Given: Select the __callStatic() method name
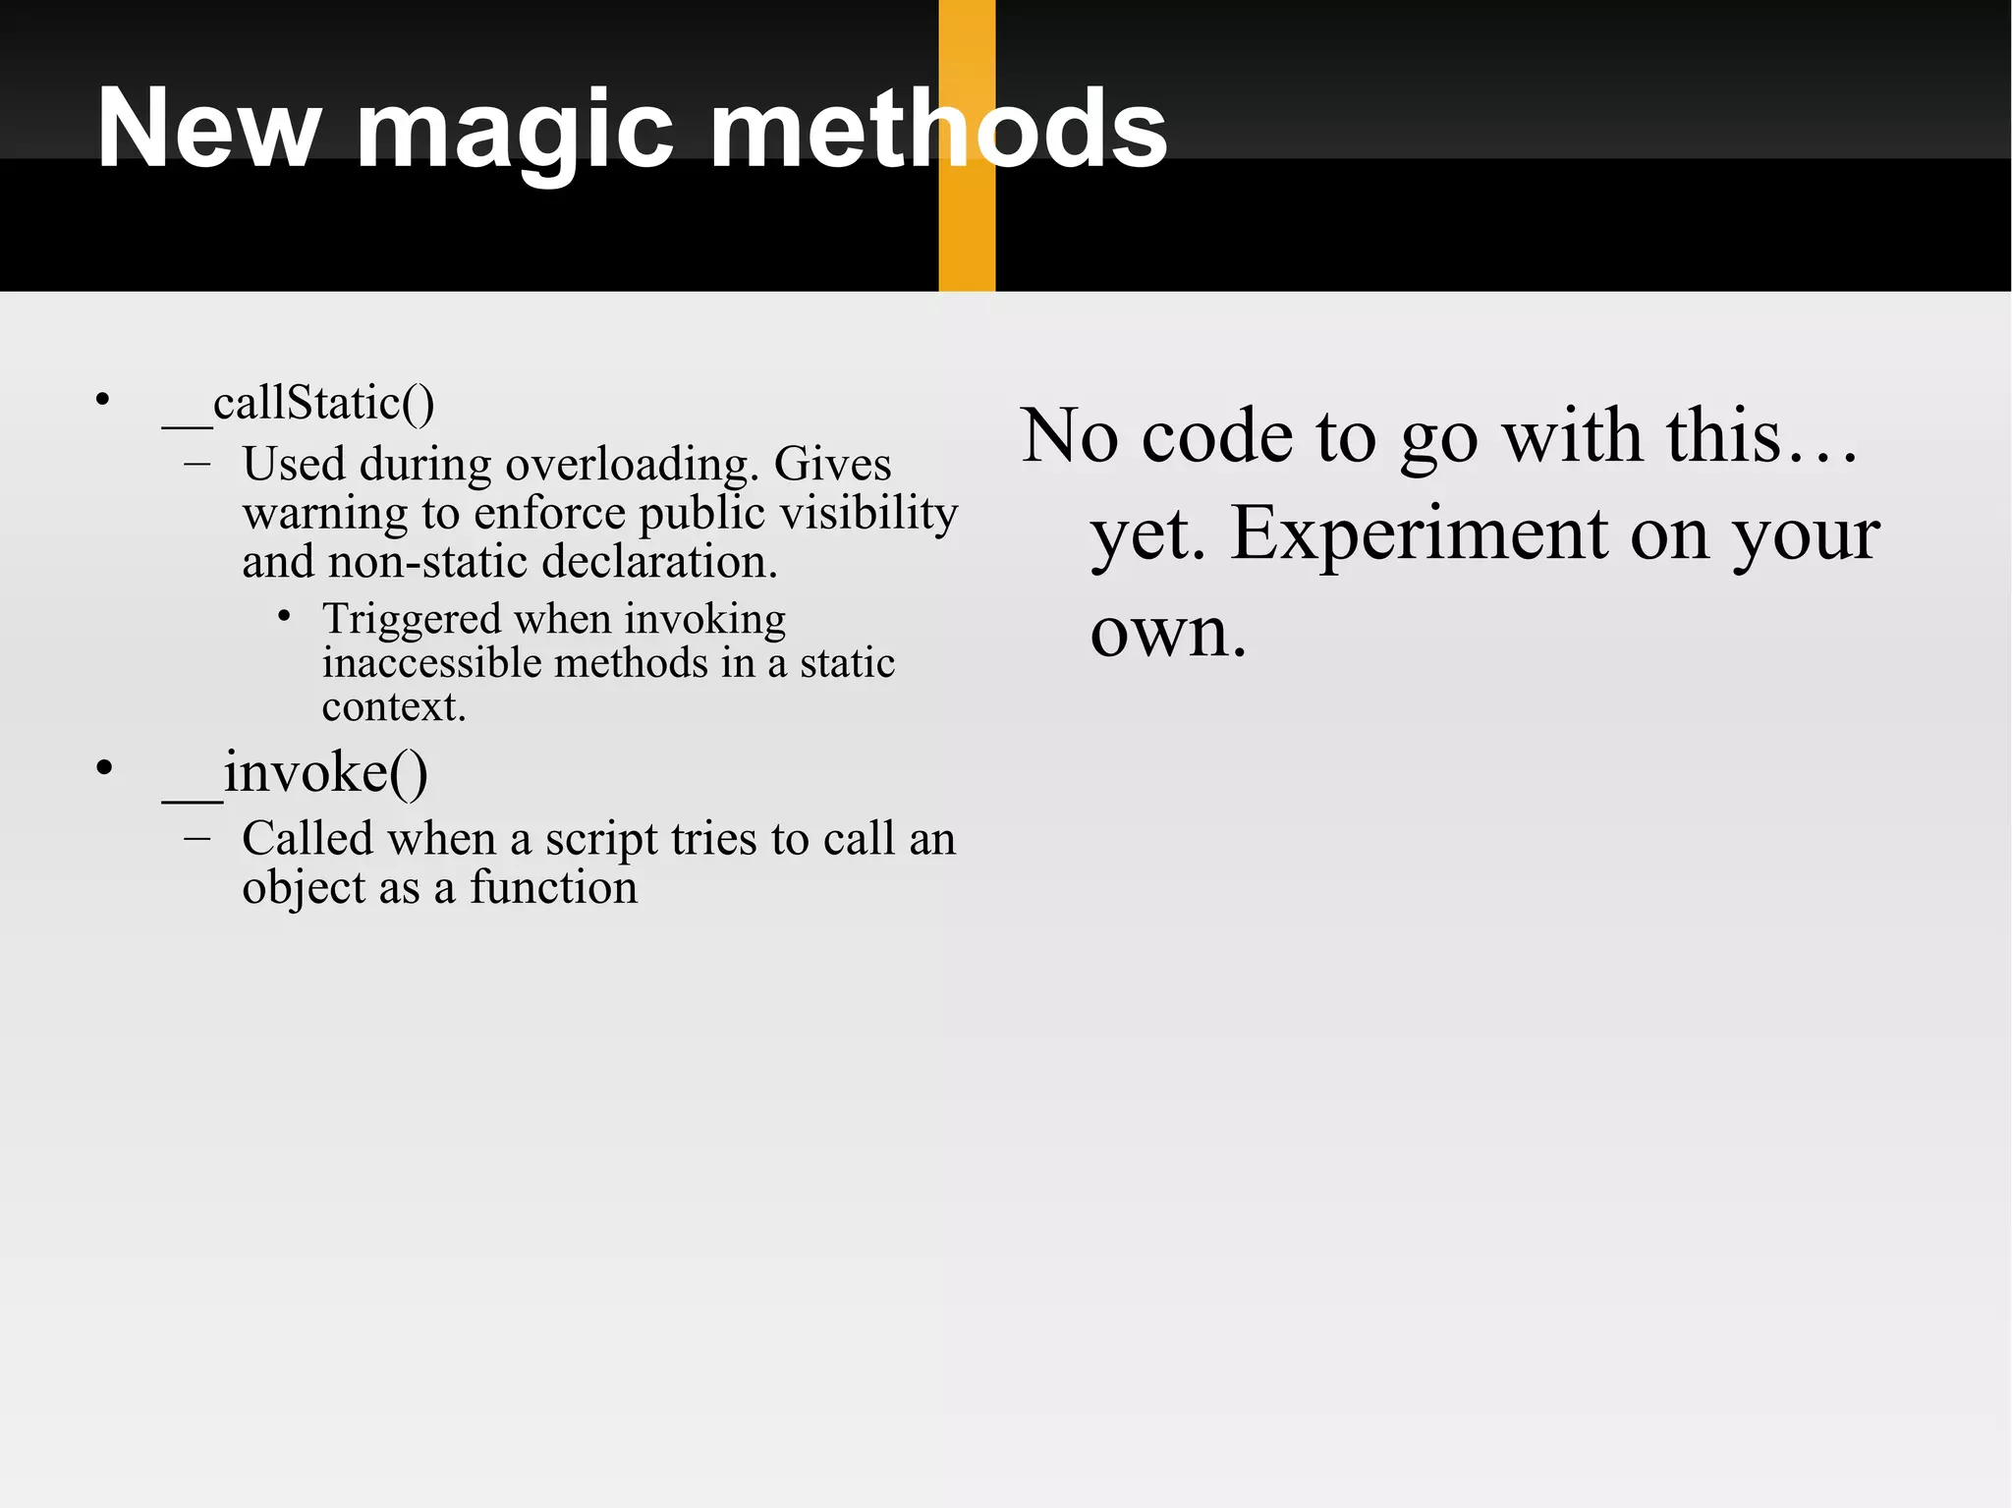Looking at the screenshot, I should tap(299, 404).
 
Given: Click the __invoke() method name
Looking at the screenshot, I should tap(295, 773).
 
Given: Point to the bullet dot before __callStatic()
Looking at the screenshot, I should tap(102, 399).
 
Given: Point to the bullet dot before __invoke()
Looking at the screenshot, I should tap(104, 767).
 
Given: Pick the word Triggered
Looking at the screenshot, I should tap(412, 619).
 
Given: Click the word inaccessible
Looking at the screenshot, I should tap(431, 663).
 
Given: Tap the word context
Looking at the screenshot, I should tap(393, 707).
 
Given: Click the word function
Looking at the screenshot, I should tap(553, 888).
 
